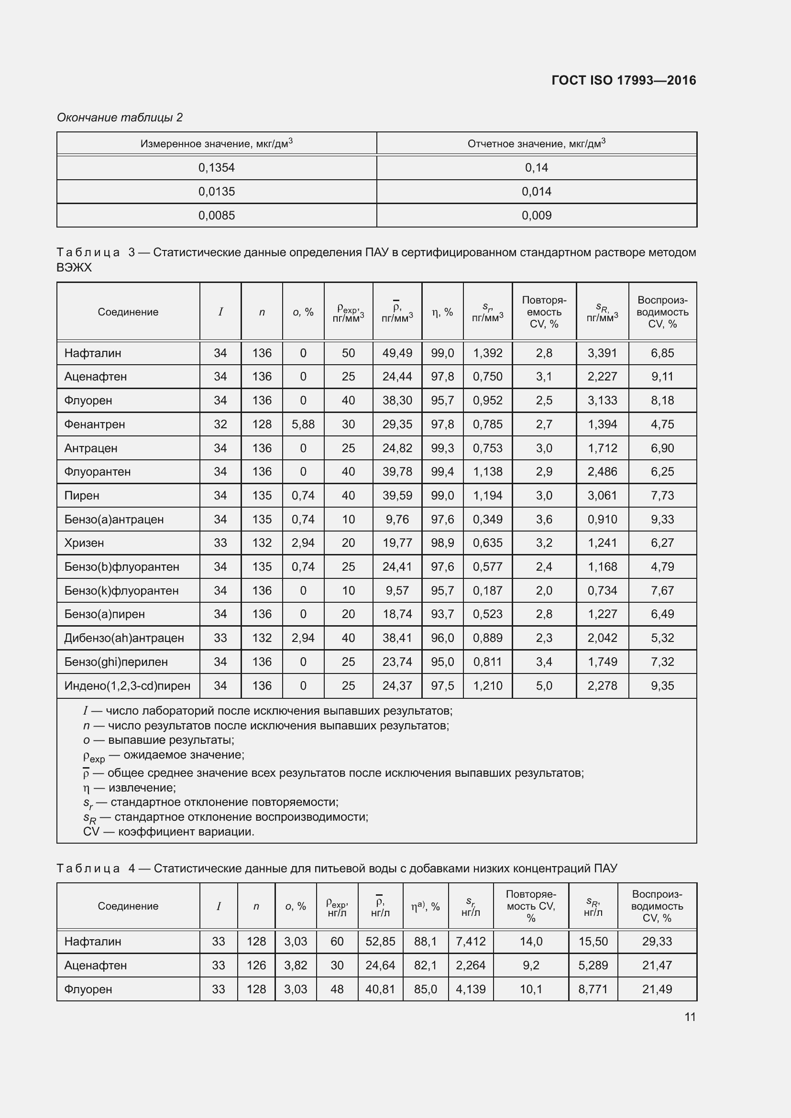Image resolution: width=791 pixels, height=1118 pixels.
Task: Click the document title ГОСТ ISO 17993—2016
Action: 624,80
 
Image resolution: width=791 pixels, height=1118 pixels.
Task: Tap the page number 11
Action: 690,1017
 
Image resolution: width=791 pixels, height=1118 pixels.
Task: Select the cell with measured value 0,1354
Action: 216,168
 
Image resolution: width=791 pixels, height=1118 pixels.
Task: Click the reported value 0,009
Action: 536,216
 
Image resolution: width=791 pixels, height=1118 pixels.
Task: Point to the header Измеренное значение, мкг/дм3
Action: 216,144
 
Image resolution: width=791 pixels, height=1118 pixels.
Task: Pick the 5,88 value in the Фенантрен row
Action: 303,424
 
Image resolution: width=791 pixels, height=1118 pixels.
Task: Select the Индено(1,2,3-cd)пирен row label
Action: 127,686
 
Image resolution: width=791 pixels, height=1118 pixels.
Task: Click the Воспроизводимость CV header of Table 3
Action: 662,312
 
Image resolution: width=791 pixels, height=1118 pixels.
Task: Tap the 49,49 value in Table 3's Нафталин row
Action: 397,354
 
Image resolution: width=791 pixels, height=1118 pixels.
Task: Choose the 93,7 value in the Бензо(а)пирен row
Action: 442,615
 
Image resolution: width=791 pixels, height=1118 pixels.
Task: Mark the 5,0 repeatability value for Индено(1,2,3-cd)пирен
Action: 544,686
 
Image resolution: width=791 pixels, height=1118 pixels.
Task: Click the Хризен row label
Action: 84,543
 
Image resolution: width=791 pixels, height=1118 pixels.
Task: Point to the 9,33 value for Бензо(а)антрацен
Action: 662,520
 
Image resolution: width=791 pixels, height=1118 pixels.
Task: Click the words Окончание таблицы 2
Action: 120,118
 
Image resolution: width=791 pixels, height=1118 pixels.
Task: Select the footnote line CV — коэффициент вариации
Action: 168,832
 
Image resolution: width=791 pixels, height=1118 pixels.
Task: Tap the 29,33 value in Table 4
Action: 657,942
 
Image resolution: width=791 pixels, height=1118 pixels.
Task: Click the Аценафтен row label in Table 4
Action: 96,966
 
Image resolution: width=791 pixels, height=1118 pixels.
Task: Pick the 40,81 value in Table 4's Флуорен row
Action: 380,989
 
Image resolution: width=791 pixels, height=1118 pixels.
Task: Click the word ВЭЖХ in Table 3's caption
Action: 74,268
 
